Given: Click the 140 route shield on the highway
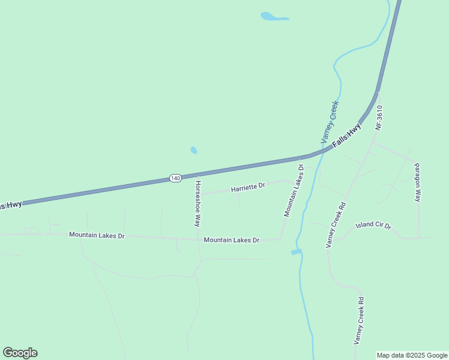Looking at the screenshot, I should (x=175, y=178).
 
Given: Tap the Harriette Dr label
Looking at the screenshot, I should (x=248, y=188).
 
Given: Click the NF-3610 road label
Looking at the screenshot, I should (x=379, y=118).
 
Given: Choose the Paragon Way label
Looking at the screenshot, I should (x=418, y=182).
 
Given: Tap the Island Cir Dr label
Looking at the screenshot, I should (x=373, y=226).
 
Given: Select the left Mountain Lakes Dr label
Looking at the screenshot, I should (x=97, y=235).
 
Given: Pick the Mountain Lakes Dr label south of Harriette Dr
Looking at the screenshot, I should (x=231, y=240).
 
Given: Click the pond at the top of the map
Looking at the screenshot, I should (x=273, y=17).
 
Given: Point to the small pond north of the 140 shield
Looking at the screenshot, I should (x=193, y=150).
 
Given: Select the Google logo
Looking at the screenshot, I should (x=20, y=353).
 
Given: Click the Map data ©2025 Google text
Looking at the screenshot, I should (x=412, y=355).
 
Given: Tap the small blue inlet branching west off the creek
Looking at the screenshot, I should (x=295, y=252).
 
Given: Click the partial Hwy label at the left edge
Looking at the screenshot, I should (x=11, y=205).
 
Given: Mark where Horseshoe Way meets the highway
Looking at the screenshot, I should (x=199, y=175).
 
